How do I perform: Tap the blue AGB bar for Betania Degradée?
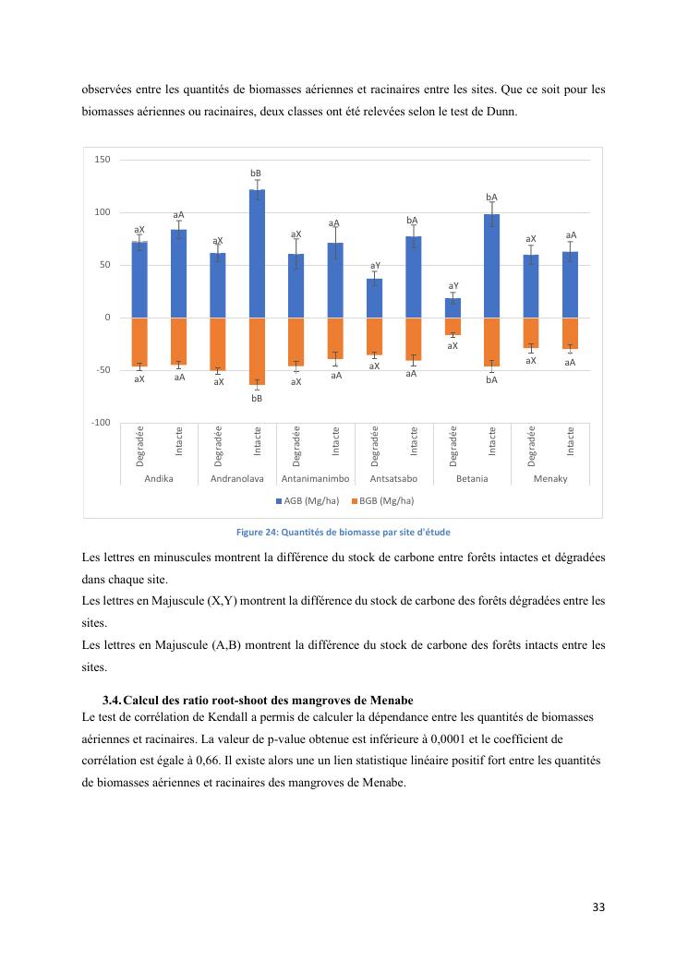[x=453, y=307]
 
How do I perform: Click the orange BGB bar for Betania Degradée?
[x=453, y=326]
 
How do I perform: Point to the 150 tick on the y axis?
[x=103, y=160]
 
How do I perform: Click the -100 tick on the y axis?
[x=101, y=423]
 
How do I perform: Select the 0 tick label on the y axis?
[x=107, y=318]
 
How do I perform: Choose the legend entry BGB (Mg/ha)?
[x=386, y=500]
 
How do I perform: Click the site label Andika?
[x=159, y=479]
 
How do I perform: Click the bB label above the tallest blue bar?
[x=257, y=173]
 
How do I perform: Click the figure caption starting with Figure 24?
[x=344, y=532]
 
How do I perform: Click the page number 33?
[x=598, y=907]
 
